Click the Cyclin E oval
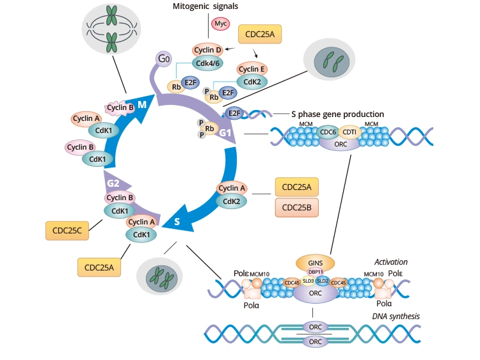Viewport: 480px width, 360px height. pyautogui.click(x=252, y=68)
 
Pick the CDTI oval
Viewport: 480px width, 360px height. pyautogui.click(x=349, y=132)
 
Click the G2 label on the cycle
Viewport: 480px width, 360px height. pyautogui.click(x=114, y=184)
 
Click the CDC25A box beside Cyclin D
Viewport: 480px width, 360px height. pyautogui.click(x=260, y=35)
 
